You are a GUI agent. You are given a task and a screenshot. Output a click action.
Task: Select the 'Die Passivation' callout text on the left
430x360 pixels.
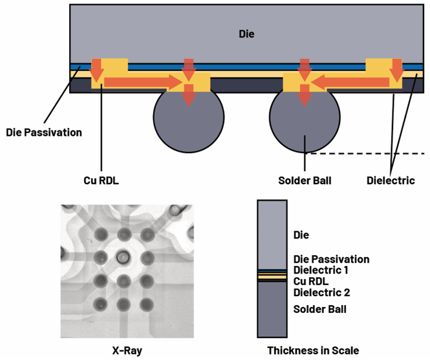(43, 132)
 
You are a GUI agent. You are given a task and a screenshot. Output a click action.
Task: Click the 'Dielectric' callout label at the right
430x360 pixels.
(391, 180)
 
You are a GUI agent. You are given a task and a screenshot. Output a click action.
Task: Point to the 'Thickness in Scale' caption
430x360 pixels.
(313, 350)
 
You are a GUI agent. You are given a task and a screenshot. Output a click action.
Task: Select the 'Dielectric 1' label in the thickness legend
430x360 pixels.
(321, 270)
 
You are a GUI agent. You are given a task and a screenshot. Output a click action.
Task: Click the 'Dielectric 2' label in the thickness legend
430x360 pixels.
(322, 293)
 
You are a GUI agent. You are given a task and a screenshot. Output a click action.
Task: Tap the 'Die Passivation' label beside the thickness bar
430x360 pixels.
(332, 259)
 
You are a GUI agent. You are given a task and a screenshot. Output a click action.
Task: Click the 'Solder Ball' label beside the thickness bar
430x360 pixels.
(320, 309)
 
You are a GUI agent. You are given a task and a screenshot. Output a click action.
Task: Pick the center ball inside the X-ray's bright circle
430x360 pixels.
(123, 258)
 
